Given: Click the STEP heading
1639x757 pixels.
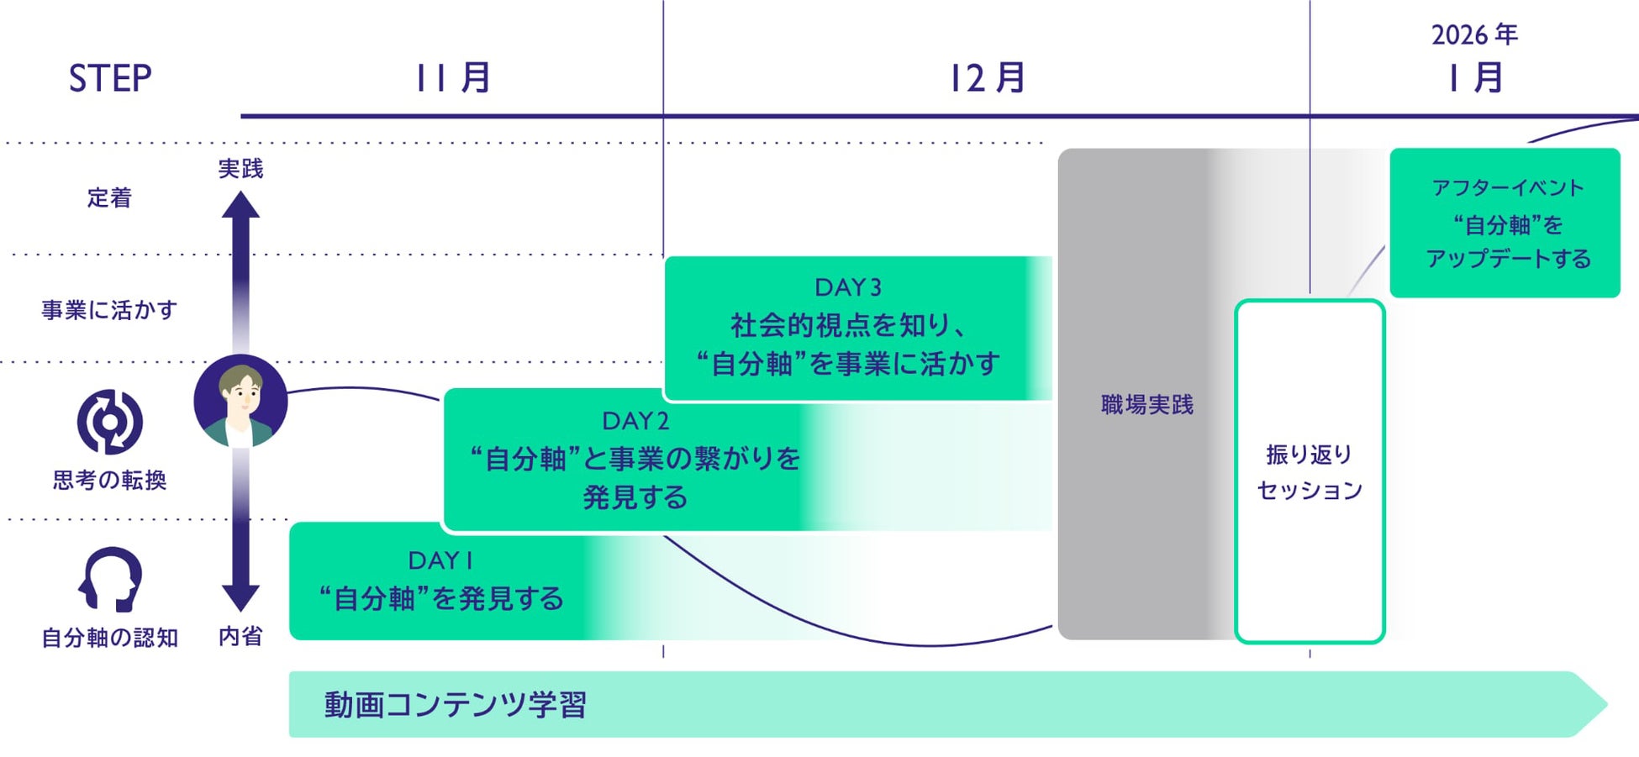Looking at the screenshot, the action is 110,79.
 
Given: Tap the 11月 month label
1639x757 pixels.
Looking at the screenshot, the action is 453,78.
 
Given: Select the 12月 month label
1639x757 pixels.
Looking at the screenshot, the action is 987,78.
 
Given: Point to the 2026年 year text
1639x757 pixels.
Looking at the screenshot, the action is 1474,35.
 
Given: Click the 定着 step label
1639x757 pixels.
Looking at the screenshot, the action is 110,198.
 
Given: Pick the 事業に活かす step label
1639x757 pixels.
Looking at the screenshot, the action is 109,310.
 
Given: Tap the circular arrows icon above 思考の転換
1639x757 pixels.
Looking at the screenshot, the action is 110,422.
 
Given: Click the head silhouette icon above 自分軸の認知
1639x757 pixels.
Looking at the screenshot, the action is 110,579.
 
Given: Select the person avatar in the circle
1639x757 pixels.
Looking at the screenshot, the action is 240,402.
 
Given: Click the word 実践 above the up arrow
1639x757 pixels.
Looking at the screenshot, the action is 240,169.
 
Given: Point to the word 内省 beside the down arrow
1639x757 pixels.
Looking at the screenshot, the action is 240,637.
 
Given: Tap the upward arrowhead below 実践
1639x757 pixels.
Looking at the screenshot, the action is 240,206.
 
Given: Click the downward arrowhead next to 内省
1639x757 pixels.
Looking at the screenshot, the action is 240,597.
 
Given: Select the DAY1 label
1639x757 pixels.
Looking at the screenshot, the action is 440,560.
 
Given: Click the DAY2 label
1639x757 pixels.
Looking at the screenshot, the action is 635,420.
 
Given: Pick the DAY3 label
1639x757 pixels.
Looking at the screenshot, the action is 848,287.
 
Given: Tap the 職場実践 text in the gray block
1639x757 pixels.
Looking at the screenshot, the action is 1147,405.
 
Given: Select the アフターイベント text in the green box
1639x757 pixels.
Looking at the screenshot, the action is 1508,187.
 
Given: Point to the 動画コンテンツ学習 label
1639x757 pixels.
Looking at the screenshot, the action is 456,705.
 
